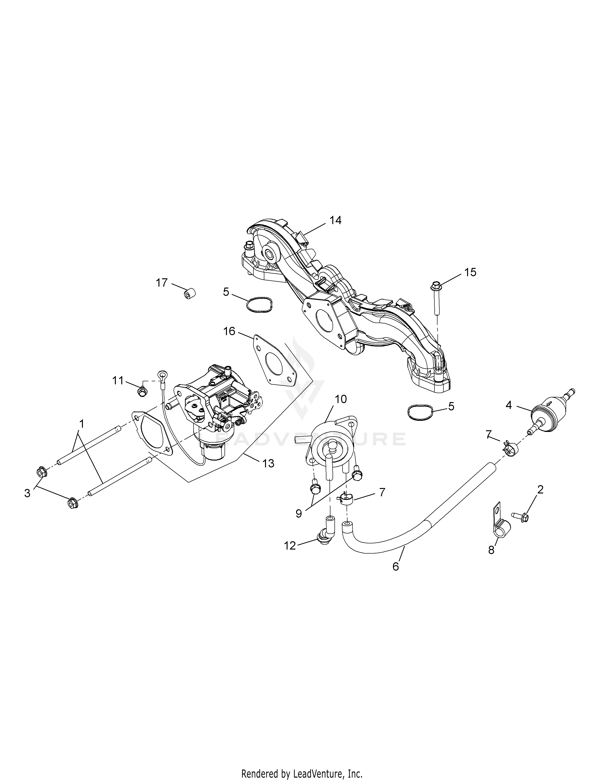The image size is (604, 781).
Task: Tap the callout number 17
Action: (x=162, y=283)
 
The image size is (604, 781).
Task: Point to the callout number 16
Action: (x=229, y=332)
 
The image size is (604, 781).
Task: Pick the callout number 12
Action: (x=290, y=546)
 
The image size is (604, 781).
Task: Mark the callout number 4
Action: (x=509, y=405)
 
